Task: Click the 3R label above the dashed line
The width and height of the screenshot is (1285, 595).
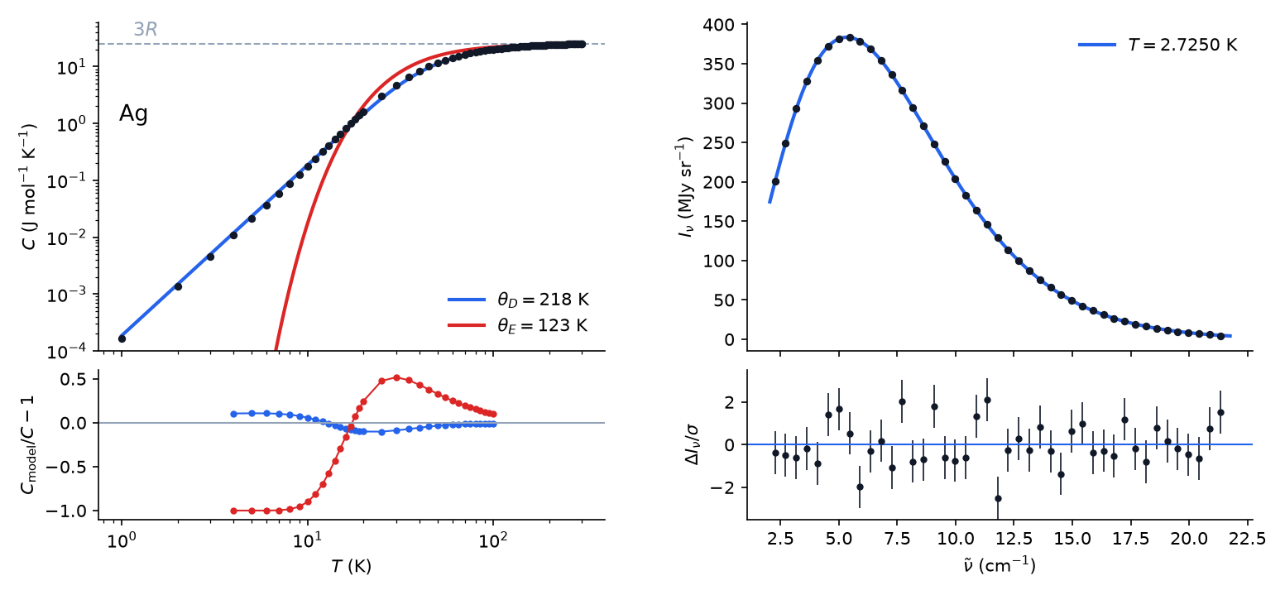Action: [146, 29]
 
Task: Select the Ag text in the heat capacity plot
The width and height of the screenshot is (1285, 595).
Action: [133, 113]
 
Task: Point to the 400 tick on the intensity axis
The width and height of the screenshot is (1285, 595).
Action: [719, 25]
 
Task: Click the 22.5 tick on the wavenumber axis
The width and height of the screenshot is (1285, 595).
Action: [1248, 539]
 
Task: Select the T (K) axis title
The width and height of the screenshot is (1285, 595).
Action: [351, 566]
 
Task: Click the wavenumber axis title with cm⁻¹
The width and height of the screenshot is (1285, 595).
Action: [1000, 565]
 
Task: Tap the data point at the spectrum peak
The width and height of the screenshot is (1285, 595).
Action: [850, 37]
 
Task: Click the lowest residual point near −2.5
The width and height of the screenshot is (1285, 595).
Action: [998, 499]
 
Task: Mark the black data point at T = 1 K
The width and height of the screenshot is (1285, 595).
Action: [122, 338]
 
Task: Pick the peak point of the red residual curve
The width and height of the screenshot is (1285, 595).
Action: [396, 377]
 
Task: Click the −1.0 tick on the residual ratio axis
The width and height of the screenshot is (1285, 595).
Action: [69, 511]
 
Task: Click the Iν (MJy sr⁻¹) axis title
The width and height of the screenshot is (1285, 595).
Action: [685, 187]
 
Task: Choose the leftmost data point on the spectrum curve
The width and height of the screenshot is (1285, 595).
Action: [775, 181]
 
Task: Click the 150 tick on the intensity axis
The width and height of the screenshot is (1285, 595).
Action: [719, 222]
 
